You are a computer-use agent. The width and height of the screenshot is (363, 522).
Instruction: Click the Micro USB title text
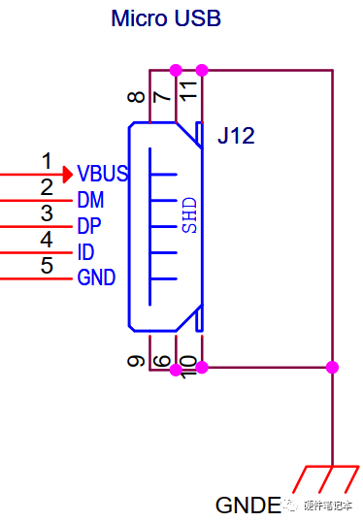click(166, 18)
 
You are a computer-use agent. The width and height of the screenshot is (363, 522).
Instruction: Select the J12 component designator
click(236, 136)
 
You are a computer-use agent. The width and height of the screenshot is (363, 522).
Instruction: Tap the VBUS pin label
click(103, 175)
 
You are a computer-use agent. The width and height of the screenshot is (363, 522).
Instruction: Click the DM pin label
click(90, 201)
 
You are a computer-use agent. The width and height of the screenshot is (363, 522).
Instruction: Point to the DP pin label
click(89, 226)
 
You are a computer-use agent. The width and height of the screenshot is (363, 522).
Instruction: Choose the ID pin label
click(85, 252)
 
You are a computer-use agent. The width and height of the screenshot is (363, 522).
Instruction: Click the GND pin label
click(96, 278)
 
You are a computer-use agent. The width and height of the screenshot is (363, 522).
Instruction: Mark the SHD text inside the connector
click(190, 214)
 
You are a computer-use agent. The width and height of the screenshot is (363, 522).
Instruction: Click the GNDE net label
click(247, 506)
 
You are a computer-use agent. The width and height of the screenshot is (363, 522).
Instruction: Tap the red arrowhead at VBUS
click(67, 175)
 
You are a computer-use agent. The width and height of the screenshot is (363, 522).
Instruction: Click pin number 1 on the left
click(46, 160)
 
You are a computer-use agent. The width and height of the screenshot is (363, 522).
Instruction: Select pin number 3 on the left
click(46, 212)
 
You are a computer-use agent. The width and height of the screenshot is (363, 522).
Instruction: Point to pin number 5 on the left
click(46, 265)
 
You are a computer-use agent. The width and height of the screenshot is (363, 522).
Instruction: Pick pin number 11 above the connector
click(190, 92)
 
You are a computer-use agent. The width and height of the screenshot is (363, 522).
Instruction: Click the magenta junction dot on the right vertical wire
click(332, 368)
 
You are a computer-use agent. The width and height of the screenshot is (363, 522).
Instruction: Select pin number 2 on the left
click(46, 186)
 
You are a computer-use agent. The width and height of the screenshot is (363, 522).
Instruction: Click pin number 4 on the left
click(46, 239)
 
